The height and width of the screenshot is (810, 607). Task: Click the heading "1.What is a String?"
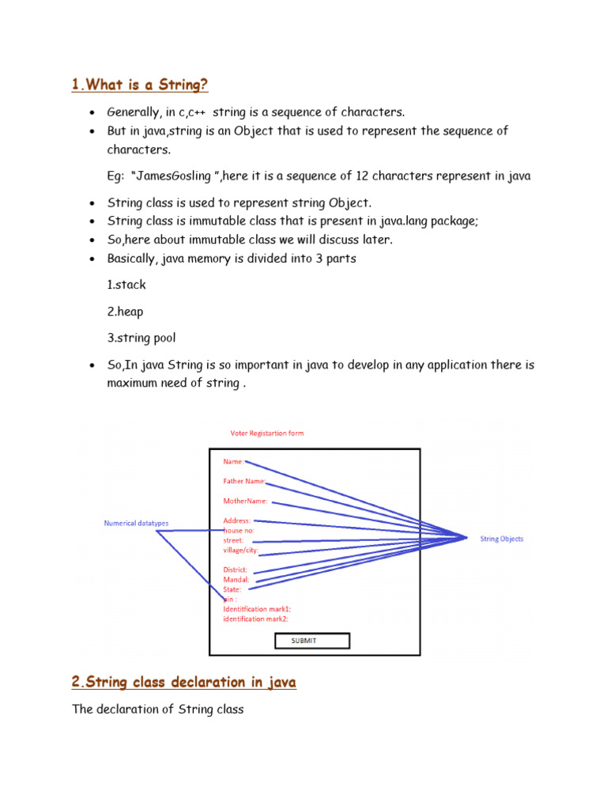(x=140, y=85)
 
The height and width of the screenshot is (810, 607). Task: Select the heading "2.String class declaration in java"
(x=183, y=682)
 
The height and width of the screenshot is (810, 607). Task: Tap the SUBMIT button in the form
(x=311, y=641)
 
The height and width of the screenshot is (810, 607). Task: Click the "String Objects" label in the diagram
(x=501, y=539)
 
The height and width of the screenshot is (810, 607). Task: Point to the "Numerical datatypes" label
(x=136, y=523)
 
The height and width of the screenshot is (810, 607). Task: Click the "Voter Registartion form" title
(x=266, y=433)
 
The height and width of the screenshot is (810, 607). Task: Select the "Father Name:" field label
(x=244, y=481)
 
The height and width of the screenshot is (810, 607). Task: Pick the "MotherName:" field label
(x=245, y=501)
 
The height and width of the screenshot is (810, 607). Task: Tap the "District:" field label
(x=236, y=570)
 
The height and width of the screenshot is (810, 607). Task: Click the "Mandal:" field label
(x=236, y=580)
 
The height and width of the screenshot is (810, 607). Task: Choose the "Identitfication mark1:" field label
(x=257, y=609)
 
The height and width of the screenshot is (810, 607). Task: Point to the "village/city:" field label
(x=241, y=550)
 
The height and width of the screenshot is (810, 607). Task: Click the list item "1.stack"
(x=126, y=285)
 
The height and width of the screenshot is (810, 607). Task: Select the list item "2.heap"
(x=126, y=312)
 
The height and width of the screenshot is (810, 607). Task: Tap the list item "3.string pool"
(x=141, y=339)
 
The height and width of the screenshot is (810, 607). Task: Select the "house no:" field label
(x=239, y=531)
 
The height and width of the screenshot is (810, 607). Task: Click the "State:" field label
(x=233, y=589)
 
